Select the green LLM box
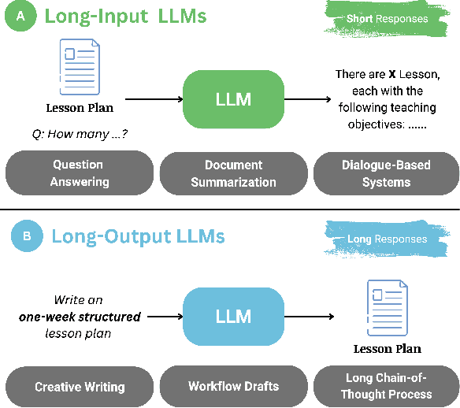(x=233, y=99)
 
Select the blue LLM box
(x=233, y=317)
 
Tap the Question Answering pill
(x=78, y=173)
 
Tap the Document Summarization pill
(x=234, y=173)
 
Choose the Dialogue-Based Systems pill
(x=387, y=173)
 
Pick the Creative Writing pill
(x=80, y=387)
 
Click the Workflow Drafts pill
(x=234, y=387)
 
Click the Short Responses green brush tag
(x=388, y=19)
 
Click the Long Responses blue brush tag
(x=388, y=239)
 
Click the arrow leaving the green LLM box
(x=308, y=100)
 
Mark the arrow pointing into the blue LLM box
(x=163, y=317)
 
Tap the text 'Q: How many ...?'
(x=79, y=134)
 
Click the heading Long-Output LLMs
(x=138, y=236)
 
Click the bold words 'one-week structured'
(x=80, y=317)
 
